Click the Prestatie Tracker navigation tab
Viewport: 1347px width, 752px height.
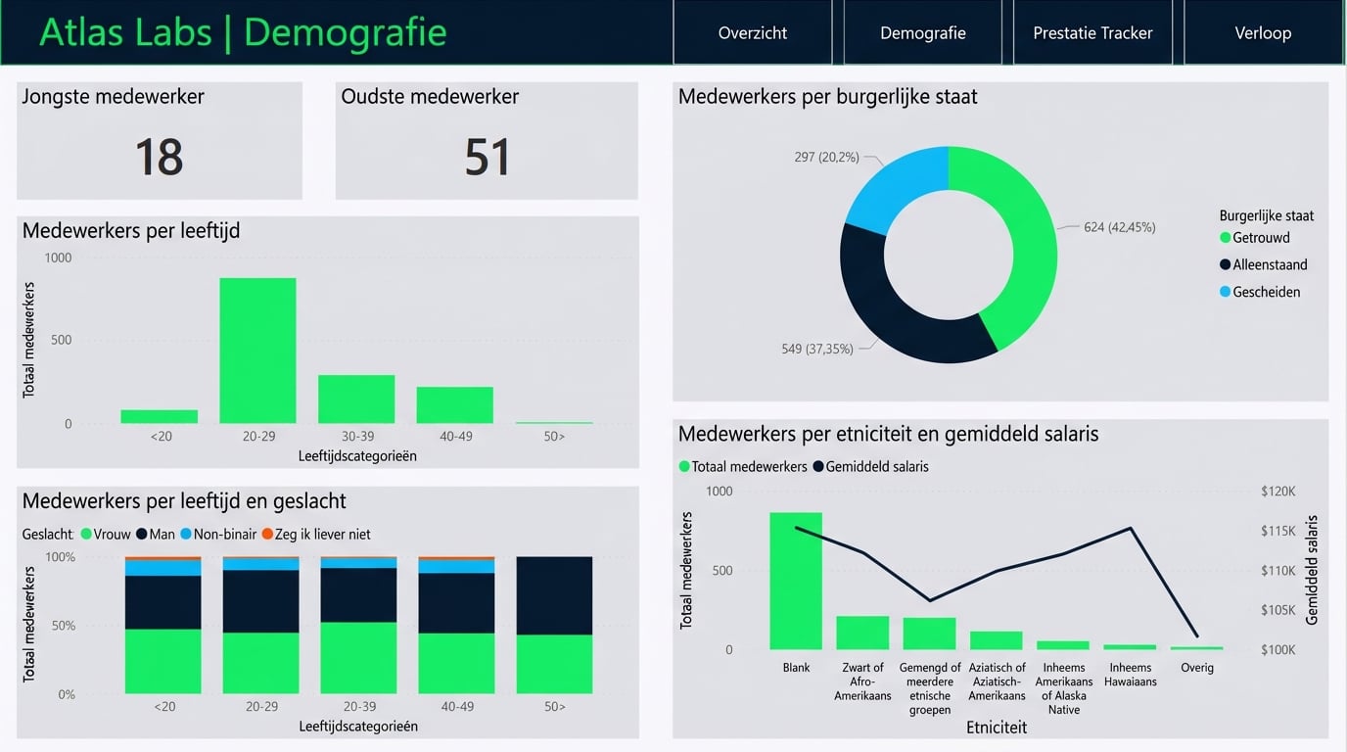[1092, 32]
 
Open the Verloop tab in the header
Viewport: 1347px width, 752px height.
[1263, 32]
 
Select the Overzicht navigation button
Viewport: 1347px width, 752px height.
[752, 32]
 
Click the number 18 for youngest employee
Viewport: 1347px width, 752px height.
[159, 157]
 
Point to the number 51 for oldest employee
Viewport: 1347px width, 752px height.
[487, 157]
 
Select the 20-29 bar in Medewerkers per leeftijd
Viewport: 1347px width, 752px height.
[257, 351]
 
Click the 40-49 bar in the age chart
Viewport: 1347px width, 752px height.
[454, 404]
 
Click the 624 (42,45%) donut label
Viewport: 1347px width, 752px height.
[1119, 227]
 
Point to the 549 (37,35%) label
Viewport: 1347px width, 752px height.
[816, 349]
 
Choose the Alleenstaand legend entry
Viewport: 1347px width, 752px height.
[1270, 264]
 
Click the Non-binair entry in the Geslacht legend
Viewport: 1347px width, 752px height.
[224, 535]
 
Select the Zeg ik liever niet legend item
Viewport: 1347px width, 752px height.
[322, 535]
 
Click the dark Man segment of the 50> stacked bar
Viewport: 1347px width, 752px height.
[554, 595]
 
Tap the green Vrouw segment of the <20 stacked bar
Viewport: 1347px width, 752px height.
[163, 661]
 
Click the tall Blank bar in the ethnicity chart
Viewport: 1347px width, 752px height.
[796, 581]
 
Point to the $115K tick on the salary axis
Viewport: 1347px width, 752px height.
[1278, 531]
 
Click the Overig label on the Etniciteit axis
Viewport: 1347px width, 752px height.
[1196, 668]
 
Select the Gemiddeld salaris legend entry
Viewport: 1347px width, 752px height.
[876, 467]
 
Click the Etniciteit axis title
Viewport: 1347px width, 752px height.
[997, 728]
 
